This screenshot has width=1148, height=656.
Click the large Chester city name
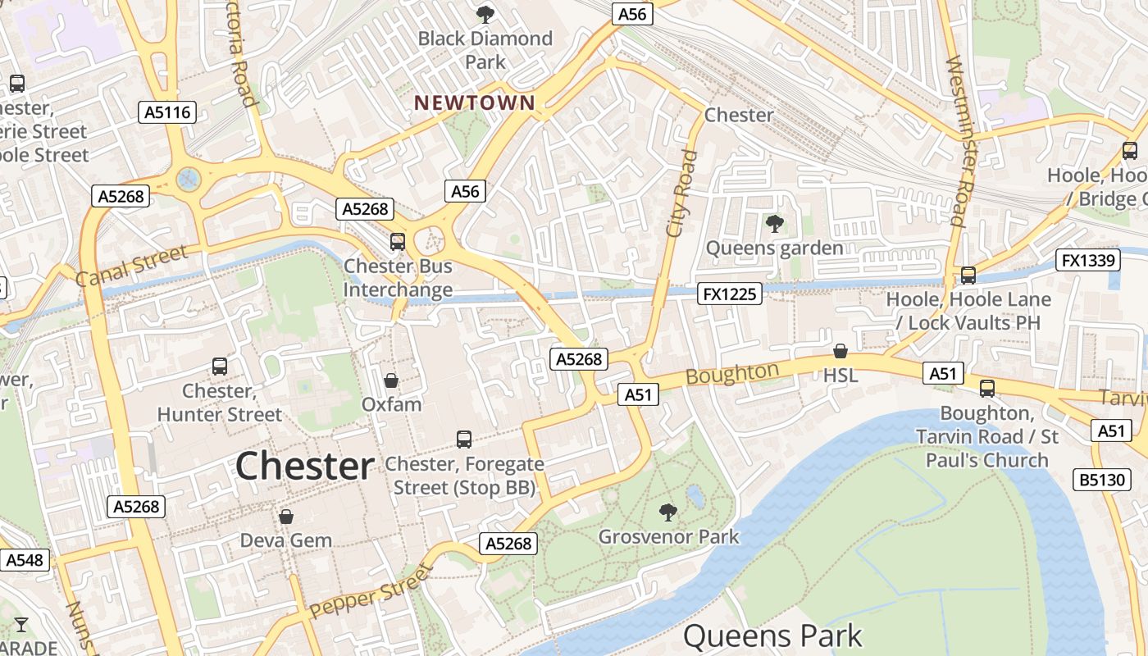pos(304,466)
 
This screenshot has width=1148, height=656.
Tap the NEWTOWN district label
pos(475,103)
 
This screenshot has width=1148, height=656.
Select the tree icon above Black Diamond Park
pos(485,14)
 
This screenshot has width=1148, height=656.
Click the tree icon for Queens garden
pos(774,223)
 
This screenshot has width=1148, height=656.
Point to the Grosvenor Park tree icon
pos(668,512)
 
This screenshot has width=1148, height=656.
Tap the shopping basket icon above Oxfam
pos(391,380)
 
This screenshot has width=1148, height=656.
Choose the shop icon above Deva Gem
pos(286,517)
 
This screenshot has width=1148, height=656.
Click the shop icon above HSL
pos(840,352)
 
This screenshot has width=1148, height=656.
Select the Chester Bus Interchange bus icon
pos(398,241)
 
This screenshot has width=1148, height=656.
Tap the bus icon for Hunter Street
pos(220,367)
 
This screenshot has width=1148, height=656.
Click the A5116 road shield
pos(166,112)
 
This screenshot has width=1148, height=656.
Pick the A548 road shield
pos(25,560)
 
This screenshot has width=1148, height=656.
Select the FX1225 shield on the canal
pos(730,294)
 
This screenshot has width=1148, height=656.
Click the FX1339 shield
pos(1087,261)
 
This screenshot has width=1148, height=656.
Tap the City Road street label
pos(681,194)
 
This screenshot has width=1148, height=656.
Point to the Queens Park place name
pos(772,635)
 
